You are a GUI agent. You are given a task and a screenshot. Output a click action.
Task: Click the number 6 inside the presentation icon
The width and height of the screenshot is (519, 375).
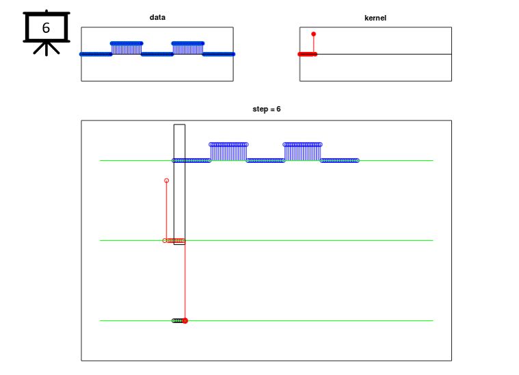(46, 28)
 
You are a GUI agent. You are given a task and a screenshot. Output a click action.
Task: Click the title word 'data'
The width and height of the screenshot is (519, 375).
(157, 17)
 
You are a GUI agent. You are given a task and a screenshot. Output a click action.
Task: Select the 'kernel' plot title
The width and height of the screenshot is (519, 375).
(375, 17)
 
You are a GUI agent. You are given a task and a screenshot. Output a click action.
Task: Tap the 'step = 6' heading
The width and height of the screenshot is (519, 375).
(267, 109)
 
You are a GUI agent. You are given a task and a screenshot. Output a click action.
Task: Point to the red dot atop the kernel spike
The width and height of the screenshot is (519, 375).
(314, 34)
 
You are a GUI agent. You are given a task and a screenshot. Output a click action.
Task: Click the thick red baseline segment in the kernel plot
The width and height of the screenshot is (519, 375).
(307, 54)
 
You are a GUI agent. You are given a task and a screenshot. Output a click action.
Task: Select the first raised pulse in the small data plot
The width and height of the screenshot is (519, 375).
(127, 47)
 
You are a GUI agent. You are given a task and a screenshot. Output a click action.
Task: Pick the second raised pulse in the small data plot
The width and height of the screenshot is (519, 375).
(187, 47)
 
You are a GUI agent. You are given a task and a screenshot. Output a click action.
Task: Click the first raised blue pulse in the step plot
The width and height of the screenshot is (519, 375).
(228, 151)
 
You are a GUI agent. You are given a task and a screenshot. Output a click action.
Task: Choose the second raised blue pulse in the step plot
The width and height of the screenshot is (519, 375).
(302, 151)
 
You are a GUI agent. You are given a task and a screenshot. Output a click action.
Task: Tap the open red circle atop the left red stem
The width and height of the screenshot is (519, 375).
(166, 181)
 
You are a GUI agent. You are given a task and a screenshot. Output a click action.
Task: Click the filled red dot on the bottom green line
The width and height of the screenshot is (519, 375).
(185, 320)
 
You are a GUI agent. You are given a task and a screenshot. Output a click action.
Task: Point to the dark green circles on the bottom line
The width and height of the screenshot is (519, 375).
(177, 320)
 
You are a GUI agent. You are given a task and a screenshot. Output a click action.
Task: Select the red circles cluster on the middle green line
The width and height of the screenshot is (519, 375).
(176, 241)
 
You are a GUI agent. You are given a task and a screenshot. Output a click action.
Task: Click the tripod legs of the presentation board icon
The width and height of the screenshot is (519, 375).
(46, 49)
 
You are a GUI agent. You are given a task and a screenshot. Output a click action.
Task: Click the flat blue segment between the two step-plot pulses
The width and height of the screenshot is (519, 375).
(265, 161)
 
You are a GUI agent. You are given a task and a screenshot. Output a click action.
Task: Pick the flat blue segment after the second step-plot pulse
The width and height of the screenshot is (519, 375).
(340, 161)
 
